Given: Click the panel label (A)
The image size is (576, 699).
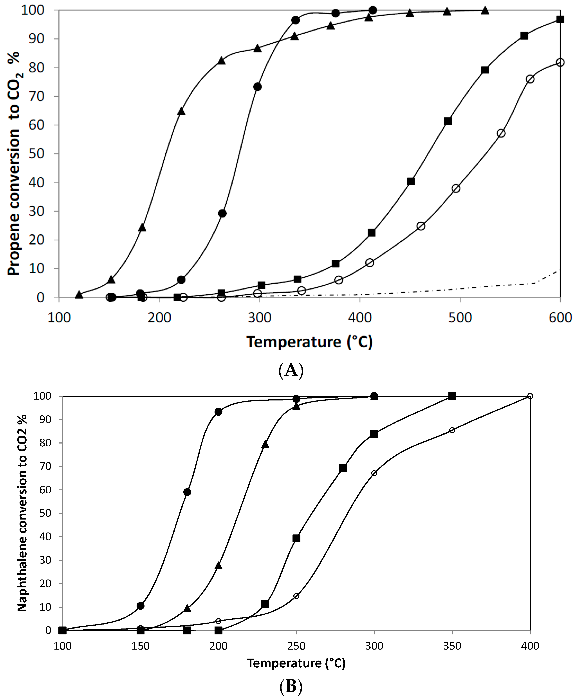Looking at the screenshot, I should pos(291,370).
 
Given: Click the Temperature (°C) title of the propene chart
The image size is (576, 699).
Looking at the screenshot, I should pos(310,342).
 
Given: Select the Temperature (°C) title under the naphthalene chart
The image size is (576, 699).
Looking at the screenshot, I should pos(296,663).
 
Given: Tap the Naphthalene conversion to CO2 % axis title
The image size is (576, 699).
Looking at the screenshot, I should pos(23,513).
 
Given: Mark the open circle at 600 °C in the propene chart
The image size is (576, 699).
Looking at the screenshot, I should pos(560,62).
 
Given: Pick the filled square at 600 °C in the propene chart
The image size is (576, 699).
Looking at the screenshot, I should pos(560,19).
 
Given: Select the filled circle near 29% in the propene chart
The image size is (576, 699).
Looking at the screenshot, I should pos(222,214).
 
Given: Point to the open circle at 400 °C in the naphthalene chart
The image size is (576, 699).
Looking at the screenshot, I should pos(530,396).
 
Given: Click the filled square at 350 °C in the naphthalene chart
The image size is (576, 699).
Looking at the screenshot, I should pos(452,396).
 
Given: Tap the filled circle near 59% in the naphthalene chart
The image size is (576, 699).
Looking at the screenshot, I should pos(187,492).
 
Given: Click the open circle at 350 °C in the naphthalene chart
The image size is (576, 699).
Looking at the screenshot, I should pos(452,430).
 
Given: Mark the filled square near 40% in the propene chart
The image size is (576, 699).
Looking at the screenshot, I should pos(411,181).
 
